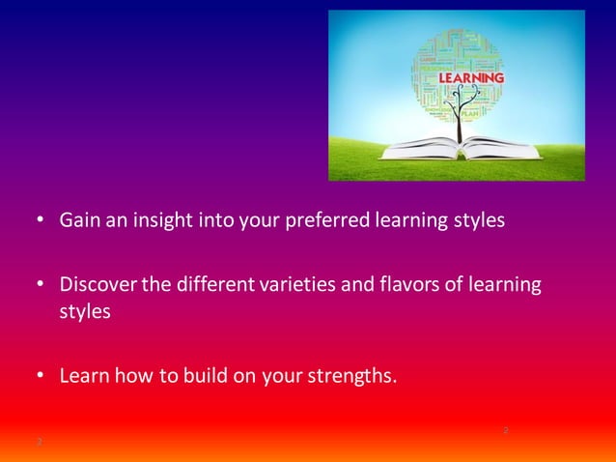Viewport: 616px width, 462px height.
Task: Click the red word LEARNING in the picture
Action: tap(471, 77)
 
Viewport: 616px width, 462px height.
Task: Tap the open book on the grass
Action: tap(462, 149)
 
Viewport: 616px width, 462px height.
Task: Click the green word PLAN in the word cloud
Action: tap(470, 113)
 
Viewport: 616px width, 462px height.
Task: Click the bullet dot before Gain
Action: tap(42, 221)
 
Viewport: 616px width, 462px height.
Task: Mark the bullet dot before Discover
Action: tap(42, 286)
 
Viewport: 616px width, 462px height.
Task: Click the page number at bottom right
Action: tap(505, 429)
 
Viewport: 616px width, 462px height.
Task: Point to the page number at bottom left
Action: tap(39, 442)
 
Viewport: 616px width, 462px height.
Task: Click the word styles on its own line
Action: tap(84, 313)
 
